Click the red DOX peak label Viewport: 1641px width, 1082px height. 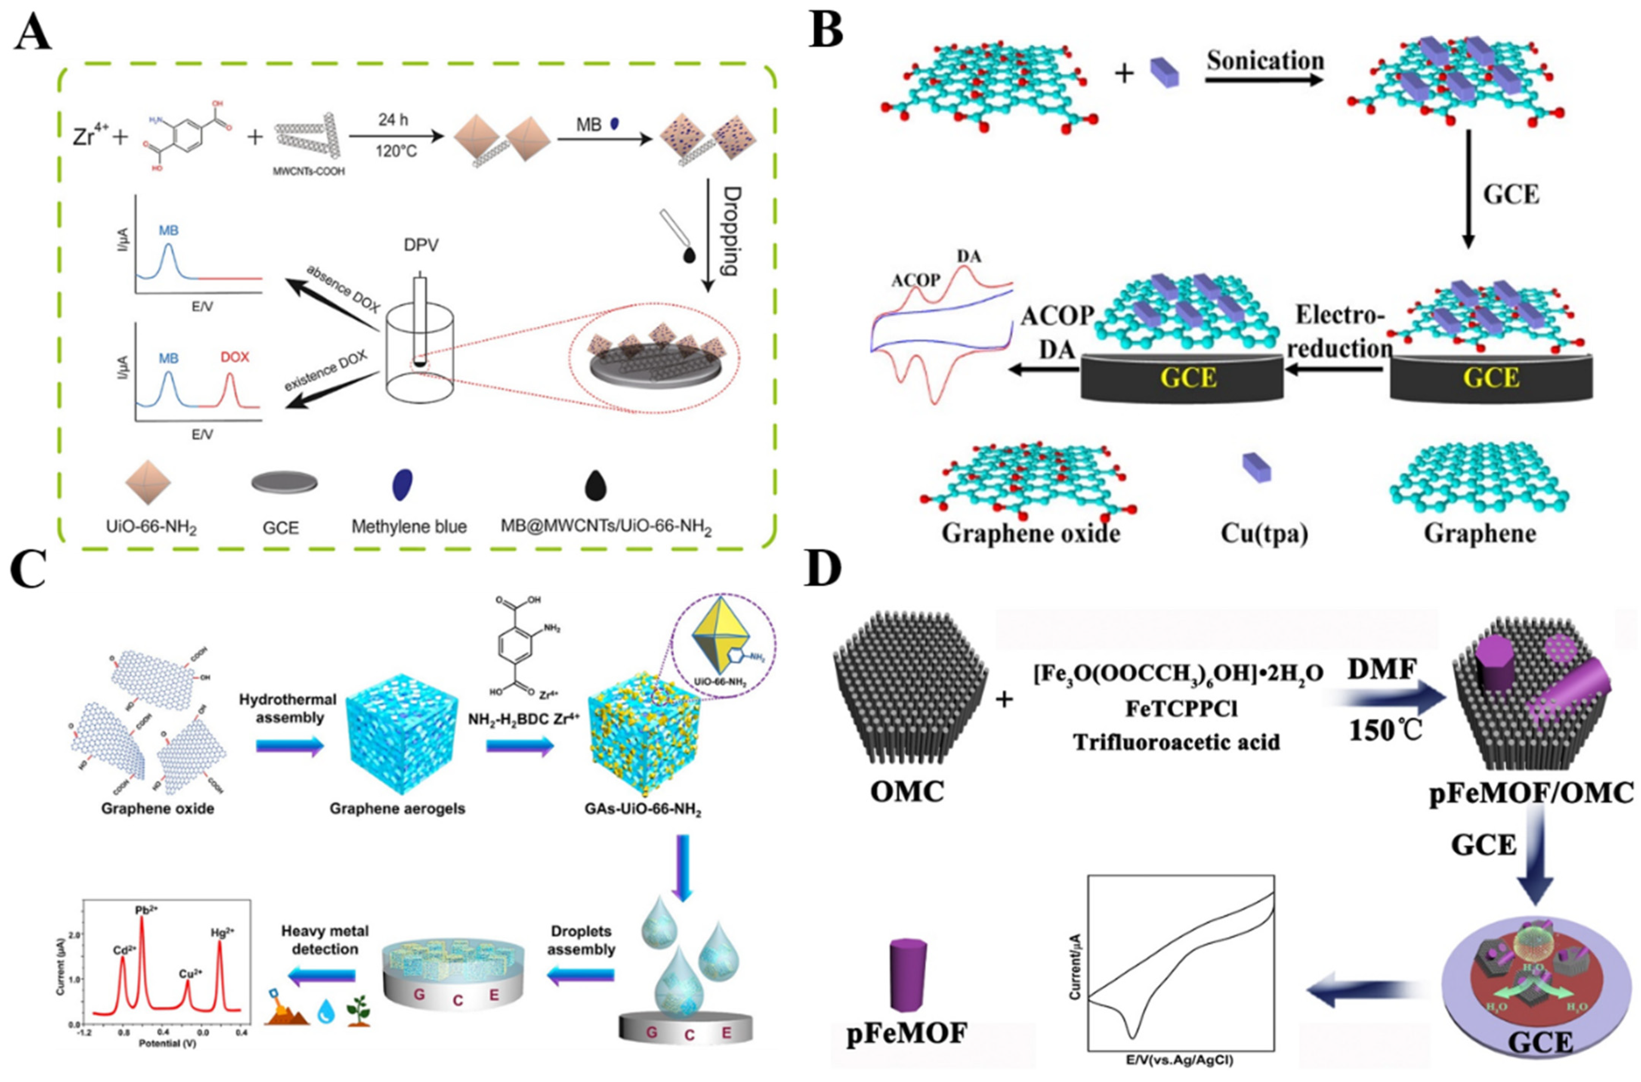point(235,357)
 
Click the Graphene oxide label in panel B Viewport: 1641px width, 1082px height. point(1030,533)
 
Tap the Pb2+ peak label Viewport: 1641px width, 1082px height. point(146,910)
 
